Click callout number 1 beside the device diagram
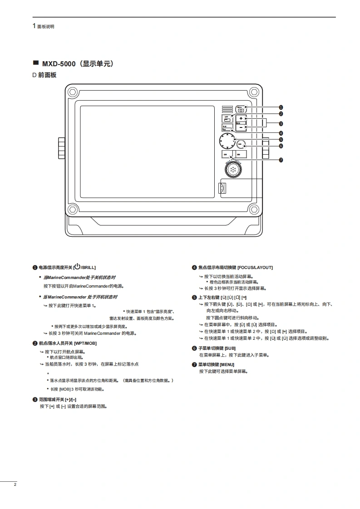(x=281, y=107)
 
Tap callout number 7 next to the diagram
(x=281, y=160)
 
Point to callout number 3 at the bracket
(x=281, y=123)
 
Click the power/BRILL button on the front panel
(x=241, y=109)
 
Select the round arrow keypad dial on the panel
(x=227, y=141)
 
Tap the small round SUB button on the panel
(x=241, y=144)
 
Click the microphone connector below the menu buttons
(x=232, y=170)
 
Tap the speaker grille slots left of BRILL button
(x=227, y=109)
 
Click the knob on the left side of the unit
(x=61, y=147)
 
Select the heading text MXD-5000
(x=59, y=64)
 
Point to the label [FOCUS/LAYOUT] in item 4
(x=255, y=268)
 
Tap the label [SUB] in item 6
(x=230, y=348)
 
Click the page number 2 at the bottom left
(x=15, y=485)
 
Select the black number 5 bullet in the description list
(x=194, y=298)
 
